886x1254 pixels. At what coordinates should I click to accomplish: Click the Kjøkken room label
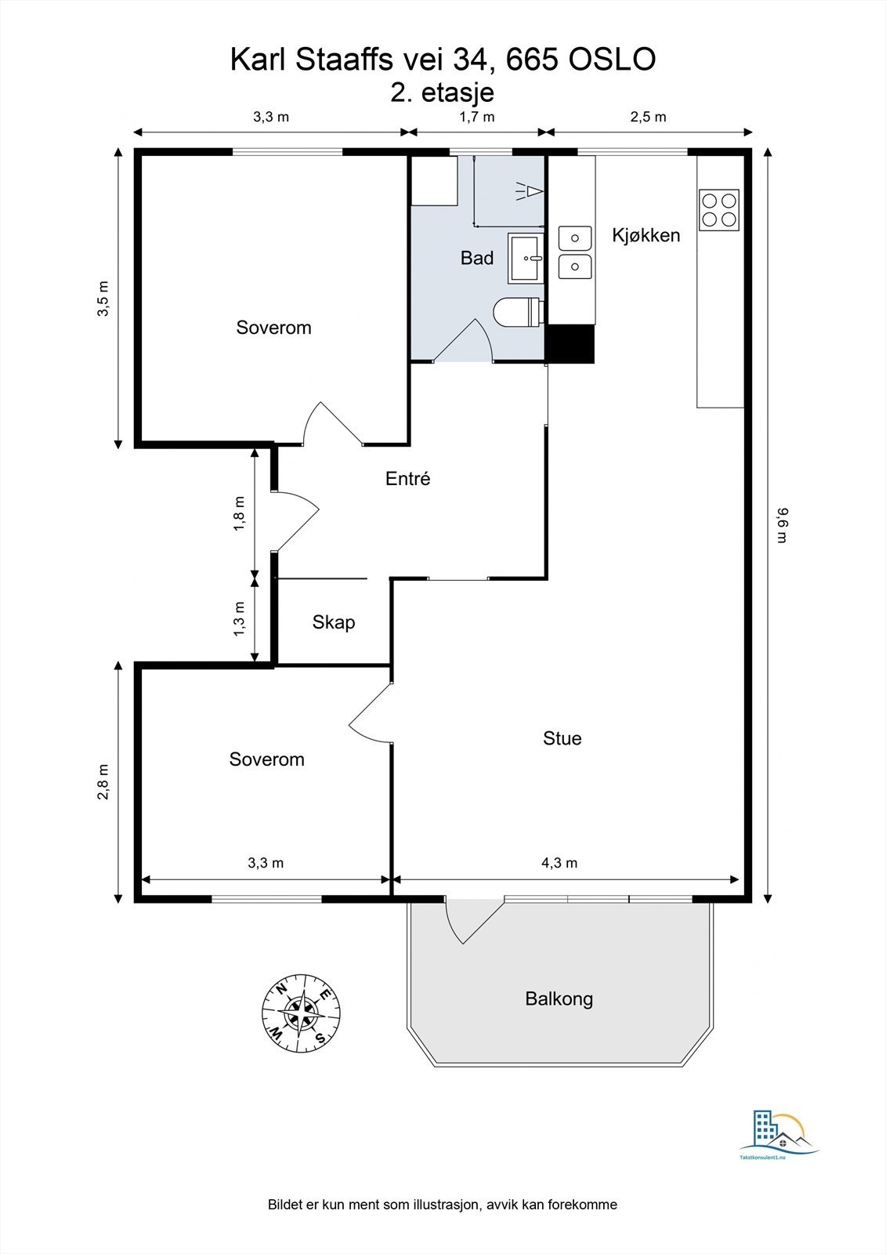point(646,236)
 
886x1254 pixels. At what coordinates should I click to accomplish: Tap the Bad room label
point(477,258)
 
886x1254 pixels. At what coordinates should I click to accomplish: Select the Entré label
point(408,478)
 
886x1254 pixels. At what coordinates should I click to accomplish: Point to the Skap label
point(334,622)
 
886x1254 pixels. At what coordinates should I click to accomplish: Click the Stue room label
point(562,738)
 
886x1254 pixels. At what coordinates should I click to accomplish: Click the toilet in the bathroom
point(519,311)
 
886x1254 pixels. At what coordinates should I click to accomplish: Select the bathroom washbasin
point(525,258)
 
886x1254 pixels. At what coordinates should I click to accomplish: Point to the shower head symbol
point(530,191)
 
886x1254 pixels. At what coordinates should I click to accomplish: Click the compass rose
point(301,1014)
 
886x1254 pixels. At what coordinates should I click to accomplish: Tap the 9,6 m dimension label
point(782,525)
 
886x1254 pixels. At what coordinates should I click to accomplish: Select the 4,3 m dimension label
point(559,863)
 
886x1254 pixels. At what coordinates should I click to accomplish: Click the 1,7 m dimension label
point(477,117)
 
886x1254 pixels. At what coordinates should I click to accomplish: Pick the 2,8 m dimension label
point(103,781)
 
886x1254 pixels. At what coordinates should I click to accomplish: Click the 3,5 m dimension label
point(103,299)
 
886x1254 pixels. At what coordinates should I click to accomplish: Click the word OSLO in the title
point(613,60)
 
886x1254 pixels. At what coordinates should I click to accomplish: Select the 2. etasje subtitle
point(443,93)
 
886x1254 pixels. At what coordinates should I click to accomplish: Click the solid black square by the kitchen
point(570,344)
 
